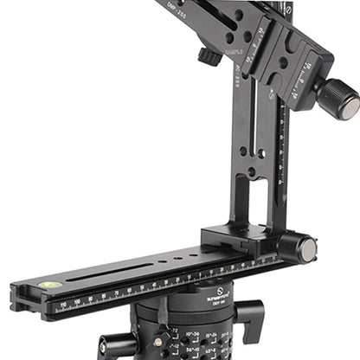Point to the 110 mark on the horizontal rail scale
64,304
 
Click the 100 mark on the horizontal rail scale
80,299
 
